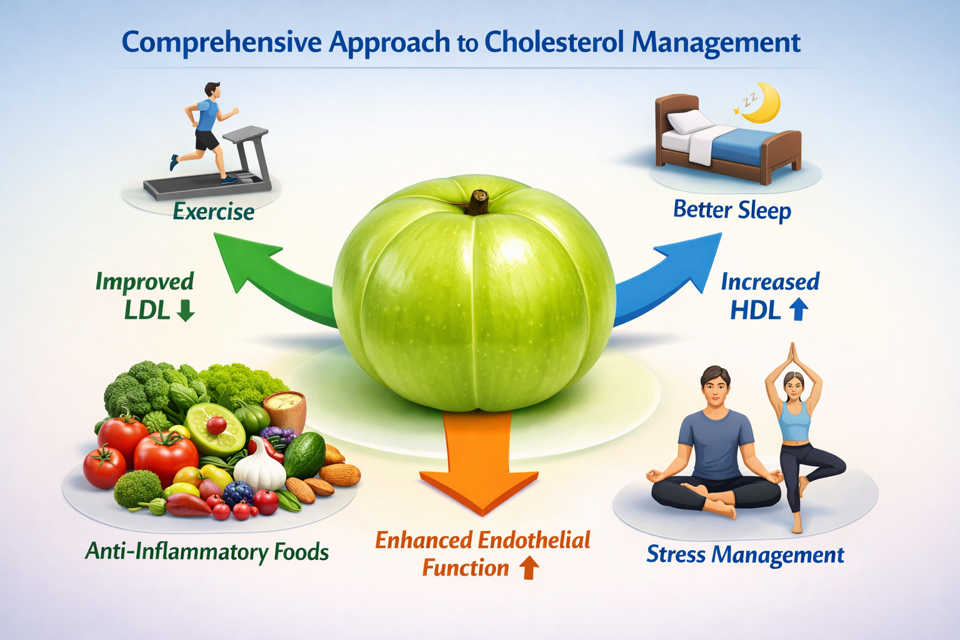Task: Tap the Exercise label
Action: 214,212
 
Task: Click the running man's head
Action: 212,91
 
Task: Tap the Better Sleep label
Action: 732,210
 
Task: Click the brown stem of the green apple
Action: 479,202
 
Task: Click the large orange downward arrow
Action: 479,475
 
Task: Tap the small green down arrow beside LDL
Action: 186,311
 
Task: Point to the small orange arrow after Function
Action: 529,567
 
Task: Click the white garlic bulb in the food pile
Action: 260,467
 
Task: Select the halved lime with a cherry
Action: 214,428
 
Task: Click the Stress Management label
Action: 745,555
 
